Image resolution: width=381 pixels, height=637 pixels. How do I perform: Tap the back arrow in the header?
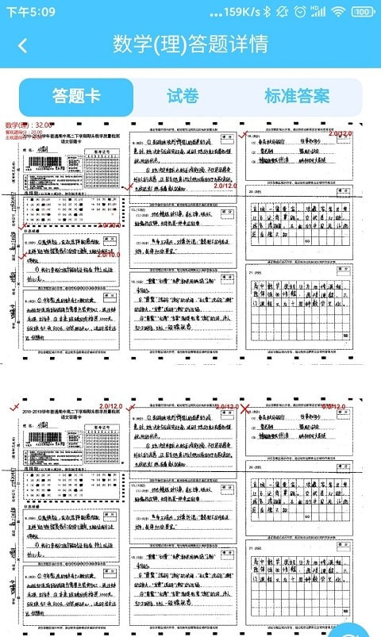pyautogui.click(x=23, y=44)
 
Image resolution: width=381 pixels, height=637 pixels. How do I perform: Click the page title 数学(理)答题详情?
pyautogui.click(x=190, y=44)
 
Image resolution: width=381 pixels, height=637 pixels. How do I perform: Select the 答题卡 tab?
pyautogui.click(x=76, y=96)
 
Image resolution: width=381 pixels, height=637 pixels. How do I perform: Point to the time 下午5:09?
pyautogui.click(x=31, y=12)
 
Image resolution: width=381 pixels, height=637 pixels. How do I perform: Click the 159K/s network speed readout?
pyautogui.click(x=234, y=12)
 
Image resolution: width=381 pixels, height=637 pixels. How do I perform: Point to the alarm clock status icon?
pyautogui.click(x=300, y=12)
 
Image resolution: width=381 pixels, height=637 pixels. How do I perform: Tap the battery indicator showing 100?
pyautogui.click(x=363, y=12)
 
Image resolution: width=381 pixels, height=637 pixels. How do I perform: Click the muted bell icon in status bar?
pyautogui.click(x=283, y=12)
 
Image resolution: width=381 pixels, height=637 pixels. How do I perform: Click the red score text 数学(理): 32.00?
pyautogui.click(x=29, y=125)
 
